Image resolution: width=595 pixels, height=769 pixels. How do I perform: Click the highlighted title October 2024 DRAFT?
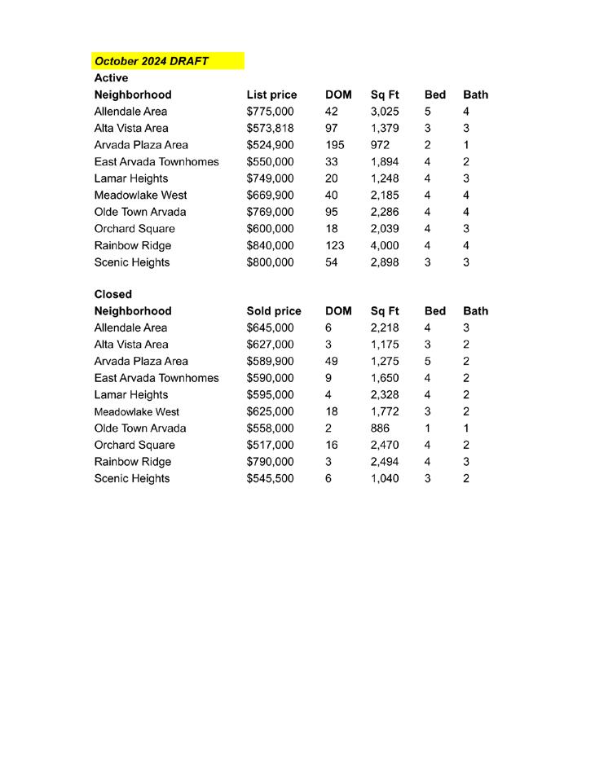pos(152,61)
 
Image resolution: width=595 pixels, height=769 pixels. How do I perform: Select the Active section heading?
pos(111,78)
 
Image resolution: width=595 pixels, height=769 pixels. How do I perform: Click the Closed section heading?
pos(112,294)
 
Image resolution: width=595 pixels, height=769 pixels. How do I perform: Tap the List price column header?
pos(271,94)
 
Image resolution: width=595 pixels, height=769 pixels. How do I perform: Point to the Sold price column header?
pos(273,311)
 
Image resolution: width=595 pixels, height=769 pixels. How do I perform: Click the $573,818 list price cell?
pos(270,128)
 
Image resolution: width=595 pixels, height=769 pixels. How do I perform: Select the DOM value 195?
pos(334,145)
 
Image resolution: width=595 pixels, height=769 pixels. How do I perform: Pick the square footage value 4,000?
pos(385,245)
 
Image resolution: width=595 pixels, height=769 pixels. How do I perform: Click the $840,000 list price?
pos(270,245)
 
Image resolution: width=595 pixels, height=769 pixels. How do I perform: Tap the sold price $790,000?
pos(270,462)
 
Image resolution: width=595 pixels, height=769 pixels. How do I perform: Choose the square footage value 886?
pos(380,428)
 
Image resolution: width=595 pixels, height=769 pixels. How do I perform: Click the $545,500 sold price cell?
pos(270,478)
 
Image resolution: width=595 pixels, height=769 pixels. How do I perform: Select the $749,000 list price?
pos(270,178)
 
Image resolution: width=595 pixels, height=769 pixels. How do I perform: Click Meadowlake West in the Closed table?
pos(136,411)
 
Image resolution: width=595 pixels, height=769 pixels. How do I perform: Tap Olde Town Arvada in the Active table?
pos(139,212)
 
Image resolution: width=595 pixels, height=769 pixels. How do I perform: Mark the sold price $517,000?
pos(270,445)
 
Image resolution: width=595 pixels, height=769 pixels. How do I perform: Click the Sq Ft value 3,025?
pos(385,112)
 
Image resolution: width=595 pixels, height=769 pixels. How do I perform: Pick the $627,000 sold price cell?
pos(270,345)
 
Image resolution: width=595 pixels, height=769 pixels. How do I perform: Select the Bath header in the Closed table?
pos(475,311)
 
